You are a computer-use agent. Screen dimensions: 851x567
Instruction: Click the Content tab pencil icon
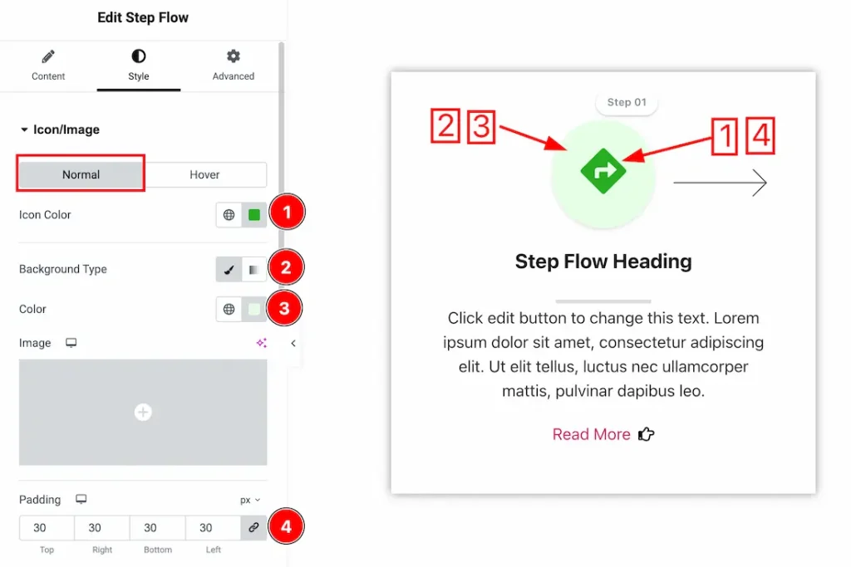pyautogui.click(x=47, y=56)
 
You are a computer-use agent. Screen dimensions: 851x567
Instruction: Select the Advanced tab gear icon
pyautogui.click(x=234, y=56)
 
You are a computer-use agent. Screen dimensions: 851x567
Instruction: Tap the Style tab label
pyautogui.click(x=139, y=76)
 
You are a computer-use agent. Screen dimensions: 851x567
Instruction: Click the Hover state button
pyautogui.click(x=204, y=174)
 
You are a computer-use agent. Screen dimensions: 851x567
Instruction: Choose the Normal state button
pyautogui.click(x=81, y=174)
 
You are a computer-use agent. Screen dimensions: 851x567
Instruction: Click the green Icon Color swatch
pyautogui.click(x=254, y=215)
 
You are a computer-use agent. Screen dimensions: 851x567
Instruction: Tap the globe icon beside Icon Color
pyautogui.click(x=229, y=215)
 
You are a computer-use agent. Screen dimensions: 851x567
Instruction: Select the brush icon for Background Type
pyautogui.click(x=229, y=270)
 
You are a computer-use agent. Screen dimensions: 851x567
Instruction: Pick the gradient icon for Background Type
pyautogui.click(x=253, y=270)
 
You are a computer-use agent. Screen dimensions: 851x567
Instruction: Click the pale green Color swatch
pyautogui.click(x=254, y=309)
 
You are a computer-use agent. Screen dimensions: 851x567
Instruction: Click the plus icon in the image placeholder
pyautogui.click(x=143, y=412)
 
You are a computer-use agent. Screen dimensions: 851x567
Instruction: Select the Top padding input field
pyautogui.click(x=47, y=528)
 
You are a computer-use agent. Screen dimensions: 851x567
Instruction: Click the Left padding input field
pyautogui.click(x=213, y=528)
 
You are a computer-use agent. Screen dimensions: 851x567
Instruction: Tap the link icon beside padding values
pyautogui.click(x=253, y=527)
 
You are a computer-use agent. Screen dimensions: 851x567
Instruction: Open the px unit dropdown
pyautogui.click(x=250, y=500)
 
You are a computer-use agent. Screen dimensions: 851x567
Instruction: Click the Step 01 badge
pyautogui.click(x=627, y=102)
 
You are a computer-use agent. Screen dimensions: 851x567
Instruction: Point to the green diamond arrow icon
pyautogui.click(x=603, y=171)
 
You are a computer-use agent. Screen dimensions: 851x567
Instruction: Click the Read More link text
pyautogui.click(x=591, y=434)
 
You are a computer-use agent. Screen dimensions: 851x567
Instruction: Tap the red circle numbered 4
pyautogui.click(x=286, y=526)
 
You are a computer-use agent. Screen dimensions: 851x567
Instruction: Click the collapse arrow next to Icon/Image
pyautogui.click(x=24, y=130)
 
